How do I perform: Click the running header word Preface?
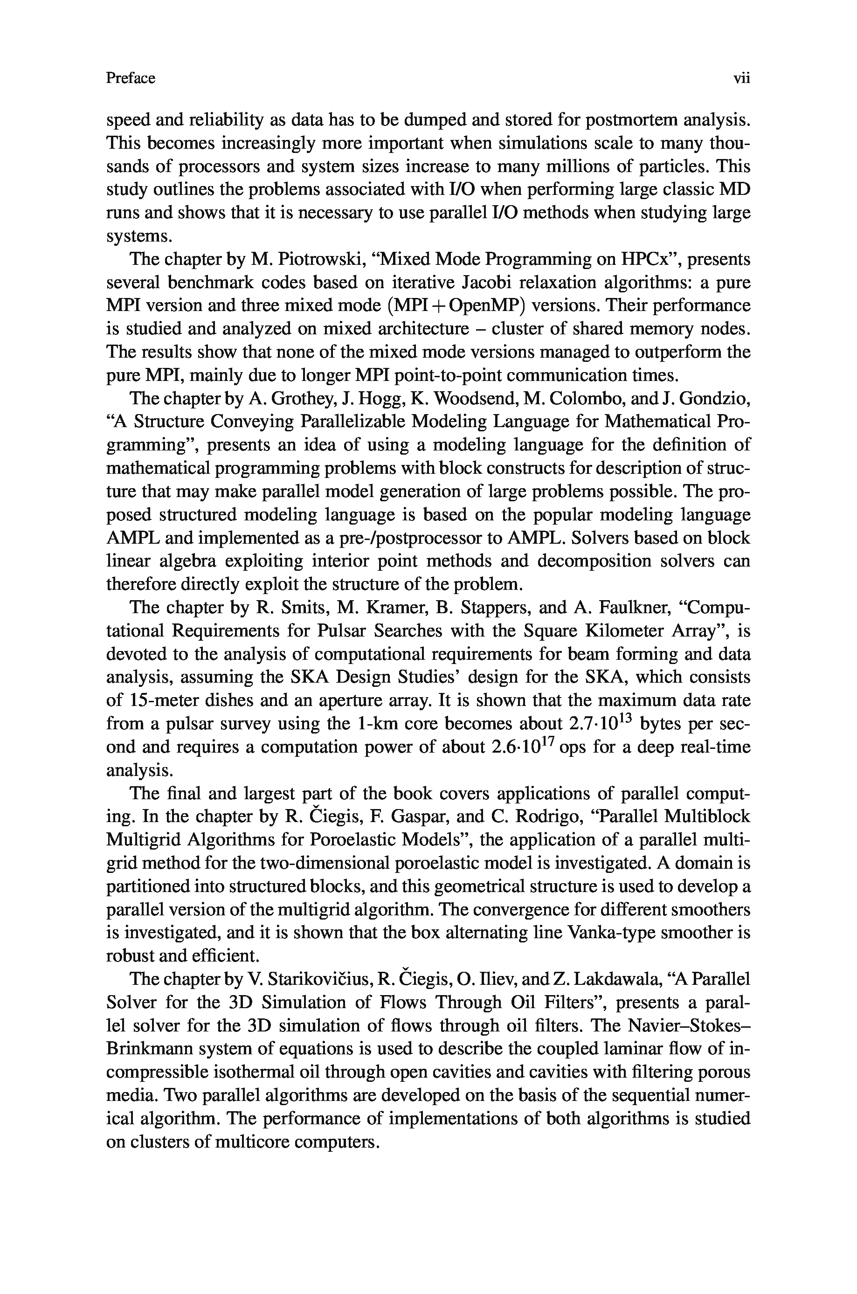[131, 79]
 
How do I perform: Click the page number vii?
[742, 79]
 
